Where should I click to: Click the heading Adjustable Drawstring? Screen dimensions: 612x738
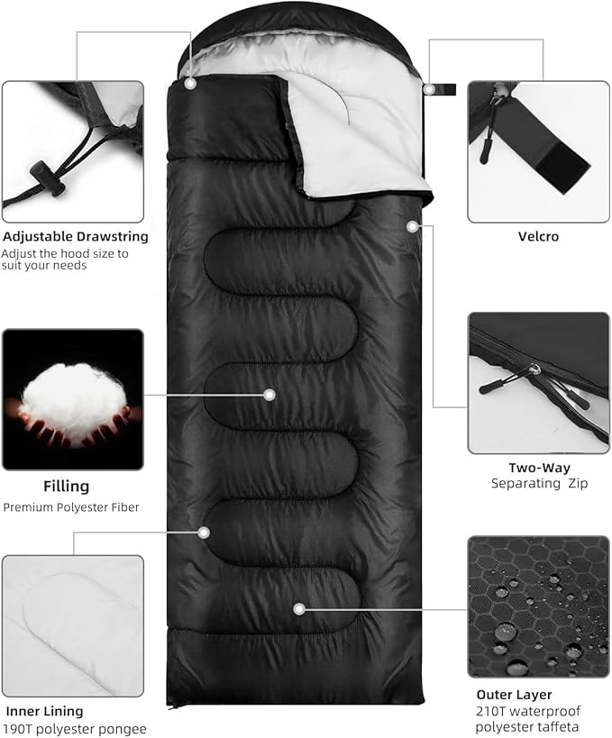[76, 236]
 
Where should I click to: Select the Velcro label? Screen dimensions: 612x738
[538, 236]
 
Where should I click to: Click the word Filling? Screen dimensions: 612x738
[67, 487]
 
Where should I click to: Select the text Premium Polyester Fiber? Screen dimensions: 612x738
[71, 507]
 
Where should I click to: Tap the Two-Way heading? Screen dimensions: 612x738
[539, 468]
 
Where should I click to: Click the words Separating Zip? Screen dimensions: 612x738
[540, 484]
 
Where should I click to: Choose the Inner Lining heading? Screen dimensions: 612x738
[44, 711]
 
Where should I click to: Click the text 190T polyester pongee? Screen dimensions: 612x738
[76, 729]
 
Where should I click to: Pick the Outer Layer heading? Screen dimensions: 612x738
[514, 695]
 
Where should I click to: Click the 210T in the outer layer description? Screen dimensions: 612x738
[490, 711]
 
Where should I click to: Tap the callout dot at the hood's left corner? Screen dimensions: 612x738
[190, 84]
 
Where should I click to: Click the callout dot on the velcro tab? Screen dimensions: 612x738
[429, 88]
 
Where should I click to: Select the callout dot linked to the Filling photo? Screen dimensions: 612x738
[269, 395]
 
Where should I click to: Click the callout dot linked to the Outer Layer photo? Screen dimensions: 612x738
[299, 609]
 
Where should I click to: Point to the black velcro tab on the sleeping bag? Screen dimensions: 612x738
[445, 89]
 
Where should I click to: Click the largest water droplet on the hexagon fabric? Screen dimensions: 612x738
[505, 632]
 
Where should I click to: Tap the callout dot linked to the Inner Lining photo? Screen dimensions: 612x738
[204, 533]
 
